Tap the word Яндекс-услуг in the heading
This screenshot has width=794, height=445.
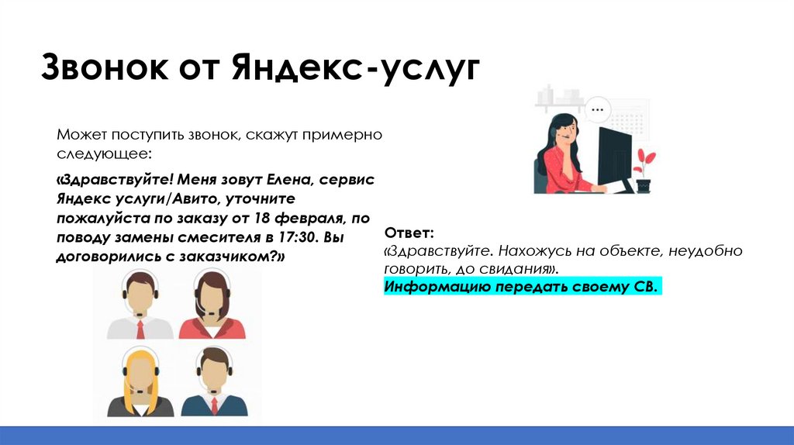(x=354, y=67)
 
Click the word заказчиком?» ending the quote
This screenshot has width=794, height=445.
(x=241, y=257)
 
